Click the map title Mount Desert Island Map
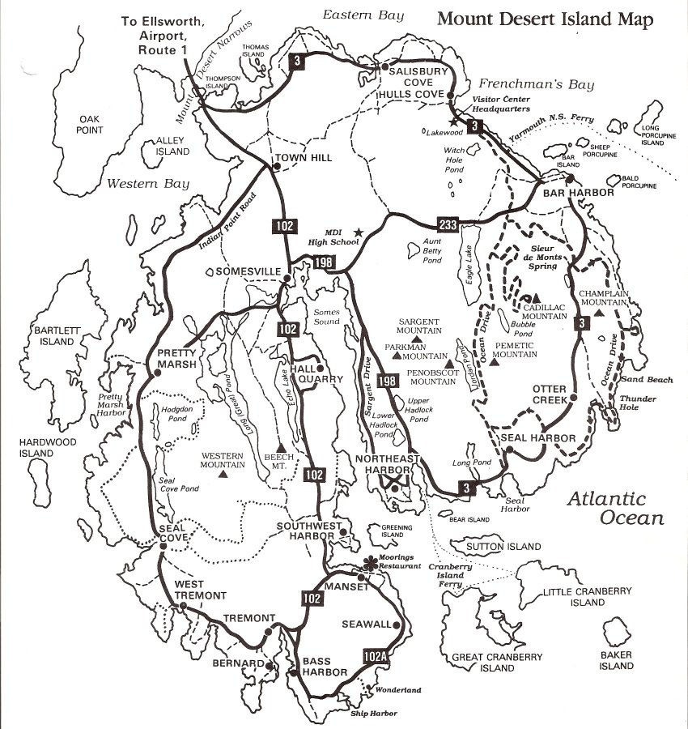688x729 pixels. pyautogui.click(x=546, y=19)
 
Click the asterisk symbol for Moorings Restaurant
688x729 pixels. pyautogui.click(x=372, y=562)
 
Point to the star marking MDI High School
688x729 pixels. pyautogui.click(x=359, y=233)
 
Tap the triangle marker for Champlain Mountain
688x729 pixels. pyautogui.click(x=599, y=313)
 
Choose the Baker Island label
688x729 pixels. pyautogui.click(x=616, y=660)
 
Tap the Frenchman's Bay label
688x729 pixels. pyautogui.click(x=536, y=84)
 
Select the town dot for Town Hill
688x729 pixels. pyautogui.click(x=278, y=168)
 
